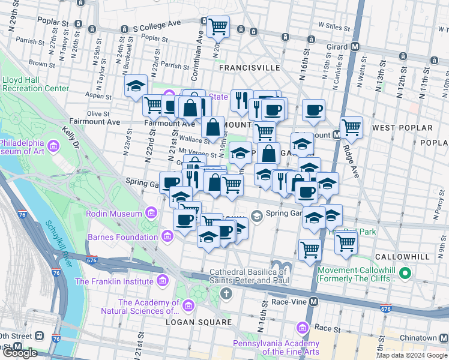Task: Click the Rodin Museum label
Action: pos(114,214)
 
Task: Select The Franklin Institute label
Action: pos(114,281)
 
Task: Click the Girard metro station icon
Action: pos(355,46)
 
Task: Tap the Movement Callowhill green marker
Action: pos(405,274)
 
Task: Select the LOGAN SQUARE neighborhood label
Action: pos(203,322)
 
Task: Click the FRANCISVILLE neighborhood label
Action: pos(249,68)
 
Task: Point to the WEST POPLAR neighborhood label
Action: pos(402,128)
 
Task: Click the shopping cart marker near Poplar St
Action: pos(218,26)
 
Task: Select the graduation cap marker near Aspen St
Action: pos(136,85)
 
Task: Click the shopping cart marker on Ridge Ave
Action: pos(351,127)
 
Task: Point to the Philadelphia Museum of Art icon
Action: pos(53,146)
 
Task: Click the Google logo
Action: pos(20,353)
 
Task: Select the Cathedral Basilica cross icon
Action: pos(226,293)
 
